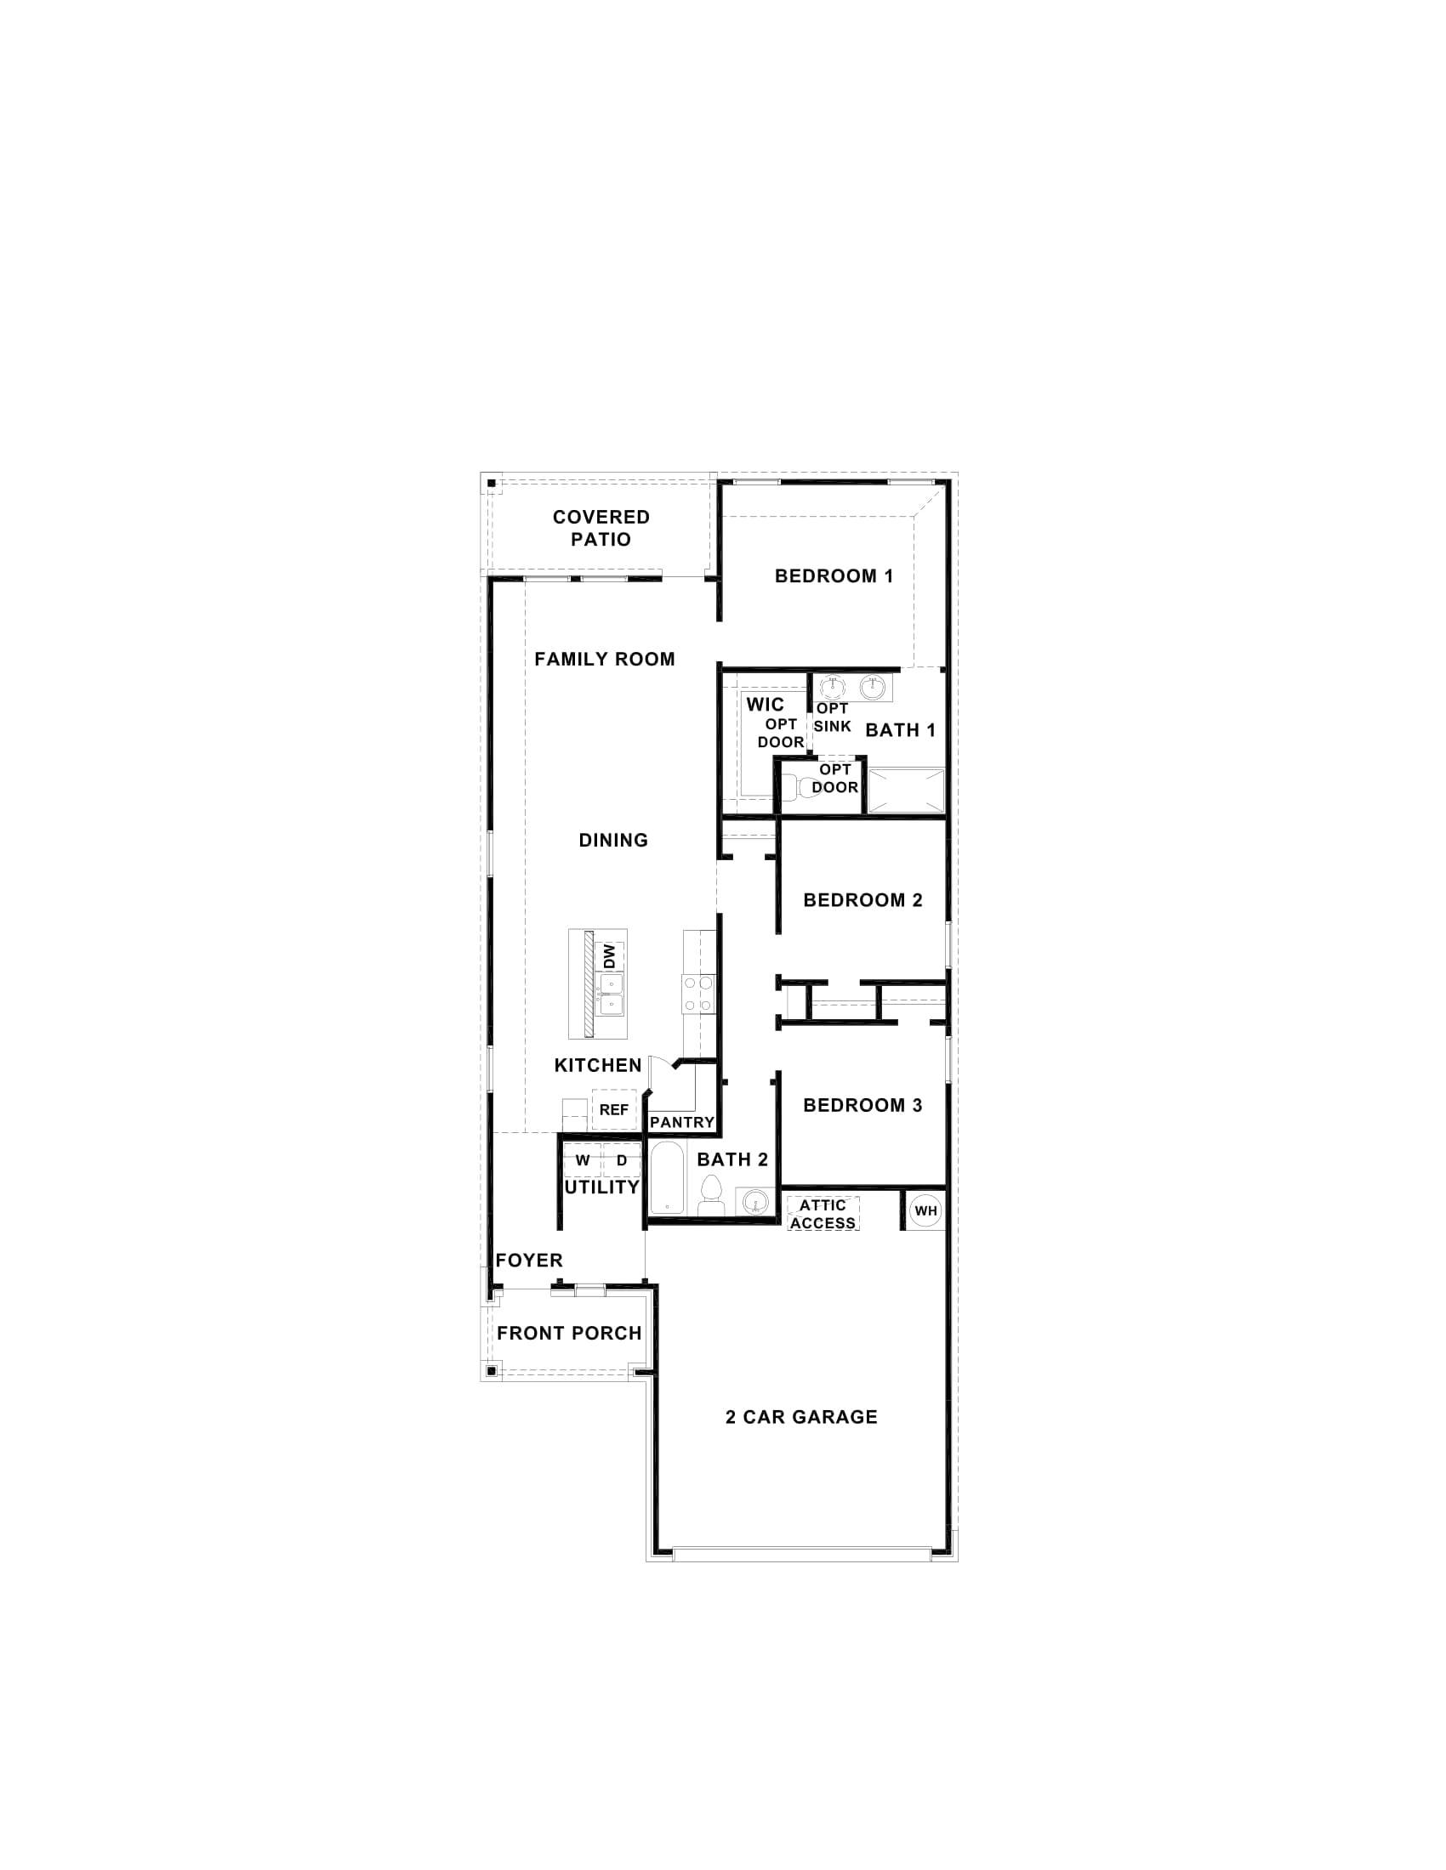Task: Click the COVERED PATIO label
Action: pos(601,529)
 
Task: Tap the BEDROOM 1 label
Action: pos(834,576)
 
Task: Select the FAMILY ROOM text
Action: pos(604,660)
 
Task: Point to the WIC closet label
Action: pos(764,705)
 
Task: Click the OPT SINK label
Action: pos(832,717)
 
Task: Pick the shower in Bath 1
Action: pos(906,790)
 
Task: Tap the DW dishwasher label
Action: pos(610,956)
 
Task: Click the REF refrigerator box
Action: pos(613,1109)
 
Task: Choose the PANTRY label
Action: pos(682,1122)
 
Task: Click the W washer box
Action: pos(583,1161)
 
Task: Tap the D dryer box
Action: pos(622,1161)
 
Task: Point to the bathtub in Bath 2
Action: pos(667,1179)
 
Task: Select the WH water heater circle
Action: pos(925,1210)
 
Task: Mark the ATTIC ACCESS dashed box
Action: pos(823,1214)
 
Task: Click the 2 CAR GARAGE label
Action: pos(801,1417)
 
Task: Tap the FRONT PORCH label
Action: pos(569,1333)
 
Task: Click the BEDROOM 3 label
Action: pos(862,1105)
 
